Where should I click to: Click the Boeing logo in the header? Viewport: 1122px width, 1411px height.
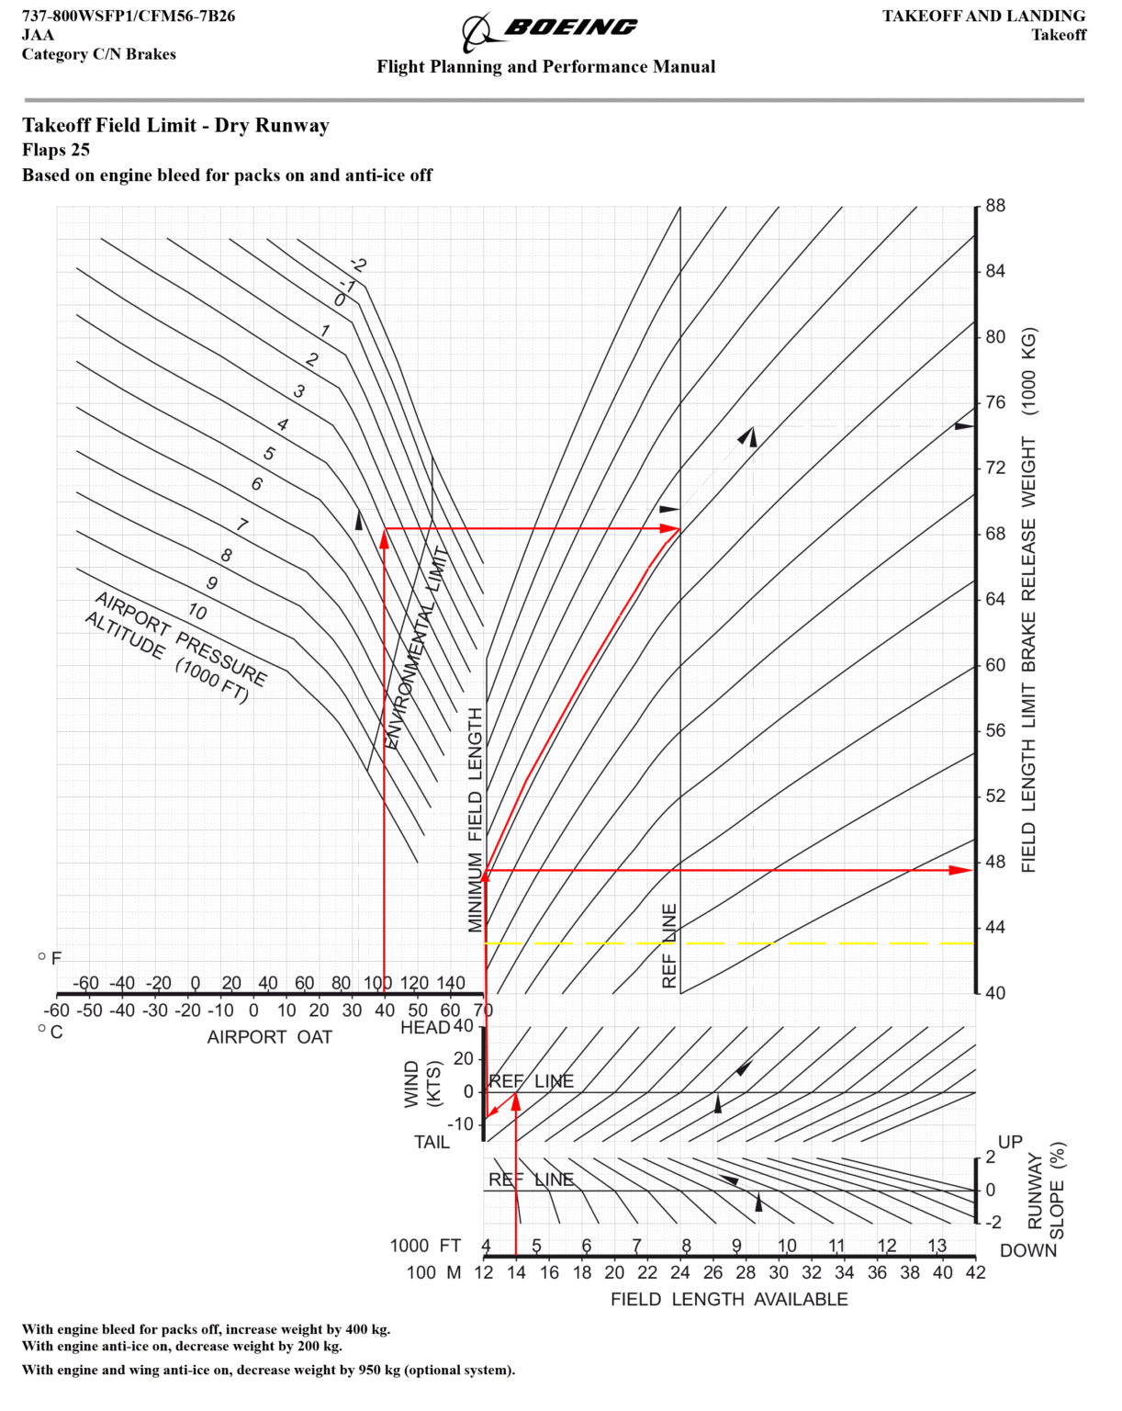549,31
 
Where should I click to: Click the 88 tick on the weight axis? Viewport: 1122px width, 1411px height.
995,206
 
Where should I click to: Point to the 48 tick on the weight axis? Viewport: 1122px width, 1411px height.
995,863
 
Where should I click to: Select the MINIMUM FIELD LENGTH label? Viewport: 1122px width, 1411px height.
475,819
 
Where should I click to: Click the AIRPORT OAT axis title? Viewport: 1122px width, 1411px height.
269,1037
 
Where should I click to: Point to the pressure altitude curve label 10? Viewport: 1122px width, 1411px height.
197,612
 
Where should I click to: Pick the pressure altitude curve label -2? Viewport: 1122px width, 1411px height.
358,265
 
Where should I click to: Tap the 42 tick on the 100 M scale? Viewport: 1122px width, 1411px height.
975,1272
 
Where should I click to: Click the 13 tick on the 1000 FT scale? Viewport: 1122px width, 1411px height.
937,1245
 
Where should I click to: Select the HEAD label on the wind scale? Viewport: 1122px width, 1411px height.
425,1027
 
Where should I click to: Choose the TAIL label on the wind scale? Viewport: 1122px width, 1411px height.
432,1142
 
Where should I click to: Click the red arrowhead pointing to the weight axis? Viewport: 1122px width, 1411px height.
961,870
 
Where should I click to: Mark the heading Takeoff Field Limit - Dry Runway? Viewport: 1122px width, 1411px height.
175,125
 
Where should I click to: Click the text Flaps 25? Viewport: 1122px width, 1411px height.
56,150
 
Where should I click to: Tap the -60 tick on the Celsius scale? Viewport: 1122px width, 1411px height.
56,1010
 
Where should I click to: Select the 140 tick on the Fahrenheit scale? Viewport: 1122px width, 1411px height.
451,983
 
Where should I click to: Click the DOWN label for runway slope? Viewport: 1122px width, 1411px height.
1028,1250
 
